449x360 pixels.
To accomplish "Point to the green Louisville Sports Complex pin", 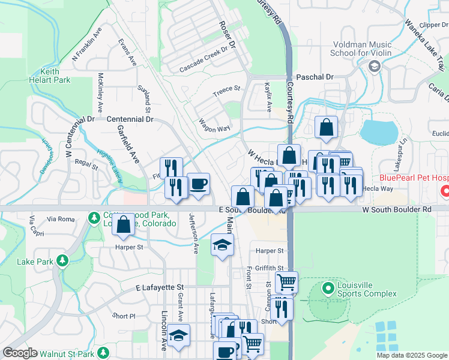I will (328, 289).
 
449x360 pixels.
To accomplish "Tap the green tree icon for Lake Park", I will (61, 260).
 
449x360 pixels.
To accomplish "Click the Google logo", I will (20, 353).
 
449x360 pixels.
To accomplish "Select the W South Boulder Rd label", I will (397, 209).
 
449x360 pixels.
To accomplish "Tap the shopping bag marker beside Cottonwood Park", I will (123, 225).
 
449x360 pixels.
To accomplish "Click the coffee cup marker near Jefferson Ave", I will (199, 184).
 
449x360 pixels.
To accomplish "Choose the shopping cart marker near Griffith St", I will (288, 281).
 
